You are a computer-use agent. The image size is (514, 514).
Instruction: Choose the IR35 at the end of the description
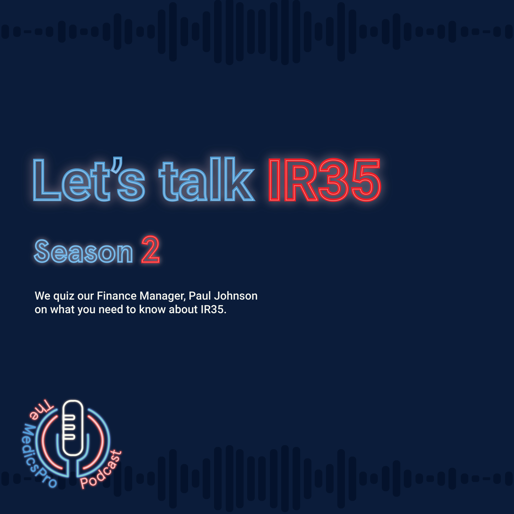[212, 310]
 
